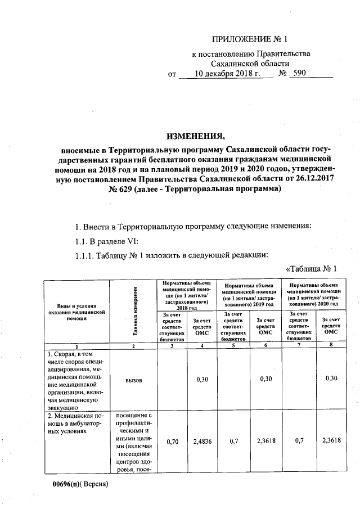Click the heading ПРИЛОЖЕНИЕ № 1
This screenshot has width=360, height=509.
(249, 39)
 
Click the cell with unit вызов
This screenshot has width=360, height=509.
(134, 380)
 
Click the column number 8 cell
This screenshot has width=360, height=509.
(331, 346)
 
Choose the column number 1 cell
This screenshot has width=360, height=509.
(75, 346)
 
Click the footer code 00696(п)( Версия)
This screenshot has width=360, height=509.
(80, 484)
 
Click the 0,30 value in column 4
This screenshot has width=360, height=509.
(202, 380)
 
